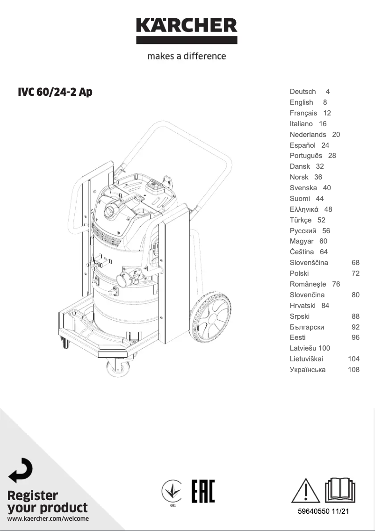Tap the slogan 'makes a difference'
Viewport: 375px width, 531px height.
click(x=187, y=56)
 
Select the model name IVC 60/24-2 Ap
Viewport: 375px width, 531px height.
click(x=55, y=92)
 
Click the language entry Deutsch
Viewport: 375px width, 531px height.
click(x=303, y=92)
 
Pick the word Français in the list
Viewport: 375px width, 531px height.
click(x=303, y=113)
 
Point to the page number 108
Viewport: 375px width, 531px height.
click(x=353, y=370)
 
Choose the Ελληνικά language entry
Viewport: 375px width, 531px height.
click(x=304, y=209)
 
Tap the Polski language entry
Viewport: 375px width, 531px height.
click(x=299, y=273)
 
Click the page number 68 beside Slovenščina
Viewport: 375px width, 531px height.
click(x=355, y=263)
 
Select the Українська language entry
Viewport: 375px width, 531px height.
click(x=308, y=370)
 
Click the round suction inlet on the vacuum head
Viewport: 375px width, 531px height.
click(x=110, y=210)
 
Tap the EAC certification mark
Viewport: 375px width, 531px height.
click(x=203, y=491)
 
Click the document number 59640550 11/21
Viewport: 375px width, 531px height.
click(x=324, y=512)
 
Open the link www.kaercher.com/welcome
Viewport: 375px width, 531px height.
click(x=48, y=518)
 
